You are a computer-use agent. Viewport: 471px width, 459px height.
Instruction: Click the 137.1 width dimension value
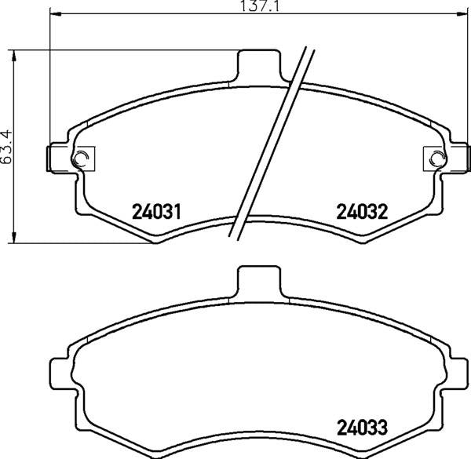coord(260,5)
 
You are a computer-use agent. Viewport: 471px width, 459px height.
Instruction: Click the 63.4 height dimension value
coord(6,147)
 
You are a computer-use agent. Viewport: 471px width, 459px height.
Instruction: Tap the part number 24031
coord(156,211)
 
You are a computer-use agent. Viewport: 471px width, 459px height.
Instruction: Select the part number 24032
coord(362,211)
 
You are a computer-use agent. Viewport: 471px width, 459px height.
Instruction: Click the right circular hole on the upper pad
coord(437,158)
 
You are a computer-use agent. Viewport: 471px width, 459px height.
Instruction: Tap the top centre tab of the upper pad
coord(259,65)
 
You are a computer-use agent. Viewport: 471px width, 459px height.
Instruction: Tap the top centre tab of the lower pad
coord(259,282)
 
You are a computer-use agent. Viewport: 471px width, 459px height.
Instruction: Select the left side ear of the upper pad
coord(59,158)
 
